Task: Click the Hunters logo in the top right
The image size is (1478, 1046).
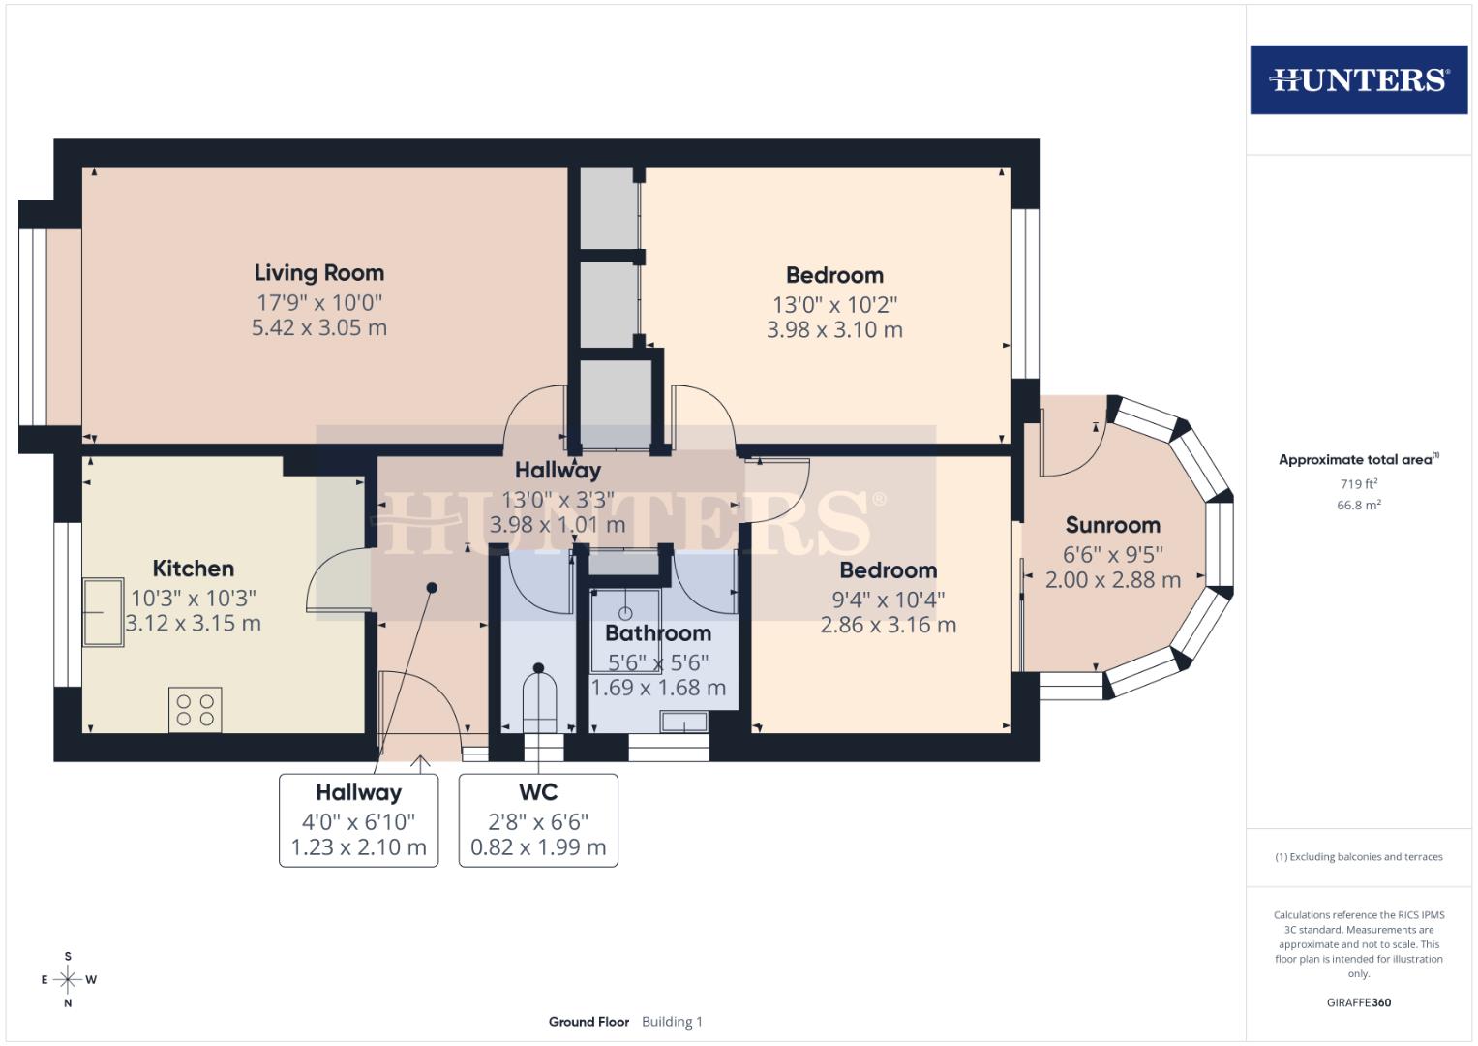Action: [x=1358, y=79]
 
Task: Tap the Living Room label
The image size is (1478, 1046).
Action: [x=319, y=273]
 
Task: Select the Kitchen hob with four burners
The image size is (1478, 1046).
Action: [x=195, y=709]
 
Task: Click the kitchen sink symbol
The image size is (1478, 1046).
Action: [x=103, y=612]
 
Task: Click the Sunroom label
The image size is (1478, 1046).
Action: [x=1112, y=526]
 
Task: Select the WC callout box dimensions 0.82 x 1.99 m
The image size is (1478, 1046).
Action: [x=538, y=848]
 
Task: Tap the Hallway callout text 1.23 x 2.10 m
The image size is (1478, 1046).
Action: [x=358, y=848]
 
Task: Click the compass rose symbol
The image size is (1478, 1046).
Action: [x=68, y=979]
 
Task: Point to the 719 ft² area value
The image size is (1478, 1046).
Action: [x=1357, y=484]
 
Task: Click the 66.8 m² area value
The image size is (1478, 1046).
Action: [x=1358, y=506]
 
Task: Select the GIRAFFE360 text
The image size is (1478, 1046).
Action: [x=1358, y=1002]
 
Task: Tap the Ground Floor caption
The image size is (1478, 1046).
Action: [x=588, y=1022]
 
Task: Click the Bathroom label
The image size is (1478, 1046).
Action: [x=658, y=633]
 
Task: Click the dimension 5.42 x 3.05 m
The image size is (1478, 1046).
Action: [x=319, y=328]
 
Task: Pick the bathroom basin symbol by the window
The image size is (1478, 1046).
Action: [x=683, y=722]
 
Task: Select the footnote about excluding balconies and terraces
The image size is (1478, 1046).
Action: [x=1358, y=857]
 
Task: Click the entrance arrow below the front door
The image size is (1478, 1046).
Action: [x=421, y=764]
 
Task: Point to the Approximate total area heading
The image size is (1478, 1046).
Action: [x=1357, y=460]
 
